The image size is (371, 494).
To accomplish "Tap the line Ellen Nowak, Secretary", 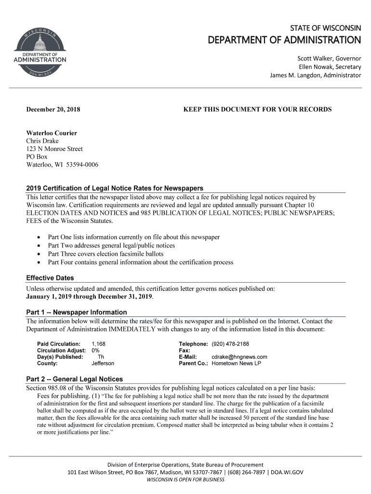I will point(330,67).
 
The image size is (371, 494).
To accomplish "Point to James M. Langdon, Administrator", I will point(315,76).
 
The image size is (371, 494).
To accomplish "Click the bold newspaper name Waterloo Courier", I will point(51,133).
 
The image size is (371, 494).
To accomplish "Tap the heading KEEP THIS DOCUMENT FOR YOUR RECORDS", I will point(258,110).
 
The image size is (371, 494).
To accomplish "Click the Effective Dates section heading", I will point(50,278).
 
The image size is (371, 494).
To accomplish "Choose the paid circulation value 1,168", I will point(98,343).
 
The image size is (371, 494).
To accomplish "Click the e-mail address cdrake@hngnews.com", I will point(239,357).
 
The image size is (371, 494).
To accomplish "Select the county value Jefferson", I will point(103,363).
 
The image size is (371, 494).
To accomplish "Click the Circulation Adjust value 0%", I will point(95,350).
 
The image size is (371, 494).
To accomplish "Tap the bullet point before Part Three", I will point(39,254).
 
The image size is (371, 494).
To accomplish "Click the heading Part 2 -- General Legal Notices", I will point(74,379).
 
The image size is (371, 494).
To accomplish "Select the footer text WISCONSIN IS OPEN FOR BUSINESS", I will point(185,480).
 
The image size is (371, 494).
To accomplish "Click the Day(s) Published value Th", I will point(101,357).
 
